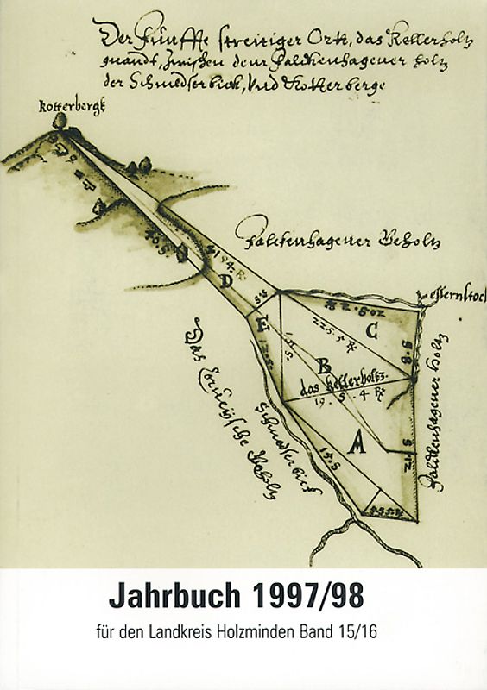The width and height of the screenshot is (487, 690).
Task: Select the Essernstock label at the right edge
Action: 456,298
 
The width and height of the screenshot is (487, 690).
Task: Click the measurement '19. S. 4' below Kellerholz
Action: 337,399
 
